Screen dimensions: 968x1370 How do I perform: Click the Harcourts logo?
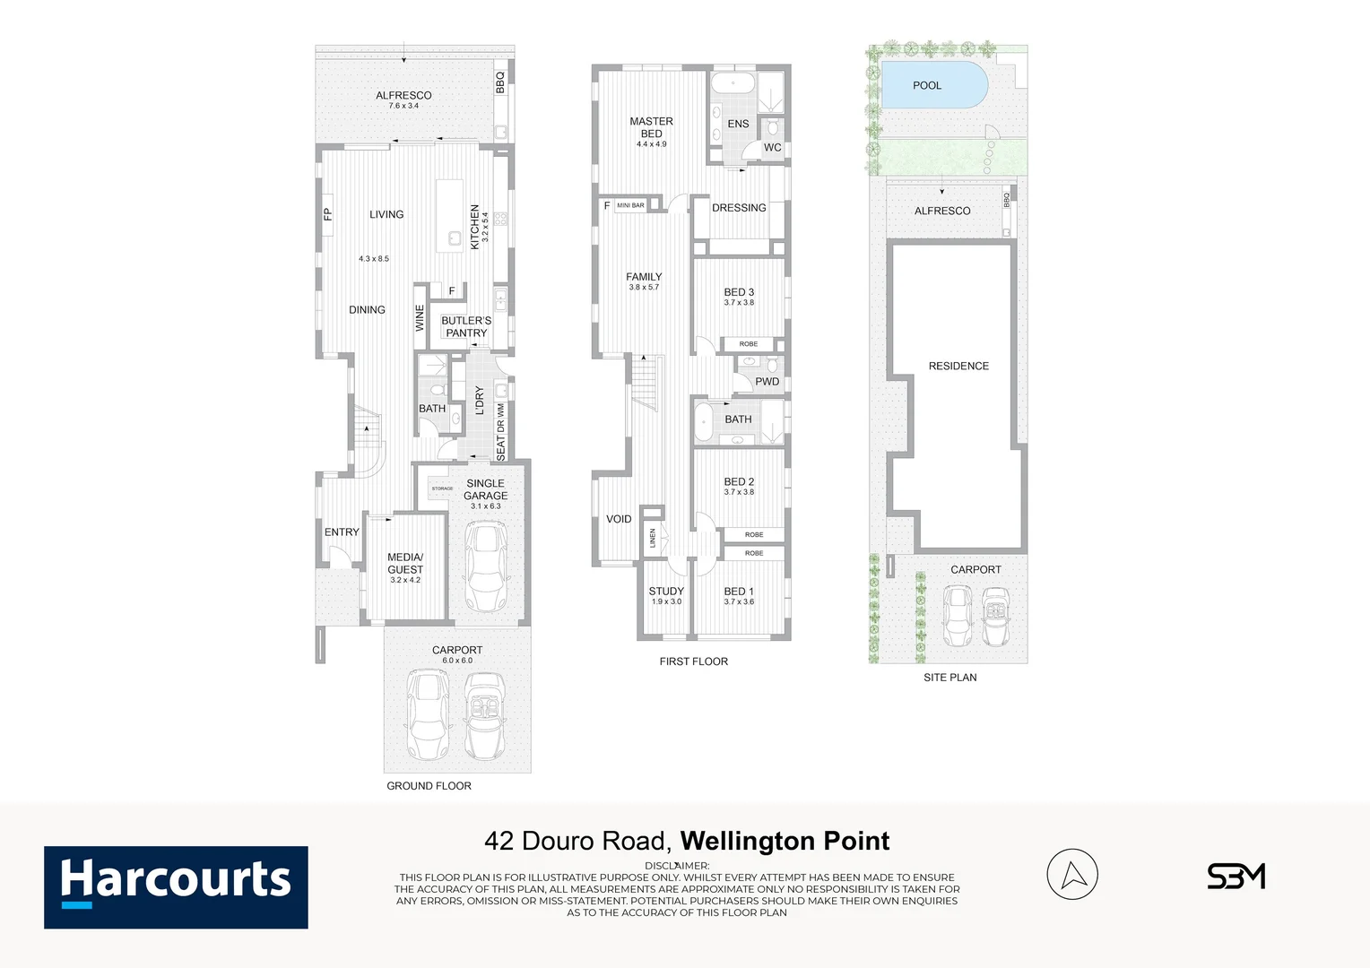(x=176, y=886)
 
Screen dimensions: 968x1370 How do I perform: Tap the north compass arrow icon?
(x=1072, y=874)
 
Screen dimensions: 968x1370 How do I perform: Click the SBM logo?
(x=1236, y=876)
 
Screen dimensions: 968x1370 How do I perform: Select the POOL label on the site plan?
(x=927, y=86)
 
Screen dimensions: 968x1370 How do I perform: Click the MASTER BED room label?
(x=651, y=127)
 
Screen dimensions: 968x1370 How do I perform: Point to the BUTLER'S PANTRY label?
(x=466, y=326)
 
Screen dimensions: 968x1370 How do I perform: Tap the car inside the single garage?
(x=485, y=566)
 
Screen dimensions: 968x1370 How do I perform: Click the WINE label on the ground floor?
(x=420, y=318)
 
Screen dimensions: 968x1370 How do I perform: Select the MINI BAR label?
(x=630, y=205)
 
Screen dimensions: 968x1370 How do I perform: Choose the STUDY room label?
(x=666, y=592)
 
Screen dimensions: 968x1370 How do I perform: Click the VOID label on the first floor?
(x=619, y=519)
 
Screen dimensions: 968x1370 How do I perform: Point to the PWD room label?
(x=767, y=382)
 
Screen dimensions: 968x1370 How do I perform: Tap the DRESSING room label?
(x=739, y=208)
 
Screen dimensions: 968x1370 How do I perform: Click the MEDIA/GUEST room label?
(x=405, y=563)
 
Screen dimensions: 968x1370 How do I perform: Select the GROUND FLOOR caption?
(x=429, y=786)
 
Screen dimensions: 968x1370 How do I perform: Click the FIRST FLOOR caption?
(x=693, y=661)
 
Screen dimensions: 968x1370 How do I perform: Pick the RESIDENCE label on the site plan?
(x=958, y=367)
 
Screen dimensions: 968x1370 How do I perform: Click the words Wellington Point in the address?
(x=785, y=841)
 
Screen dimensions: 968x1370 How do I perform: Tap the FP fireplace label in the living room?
(x=328, y=214)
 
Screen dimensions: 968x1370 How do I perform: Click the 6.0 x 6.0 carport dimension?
(x=457, y=661)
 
